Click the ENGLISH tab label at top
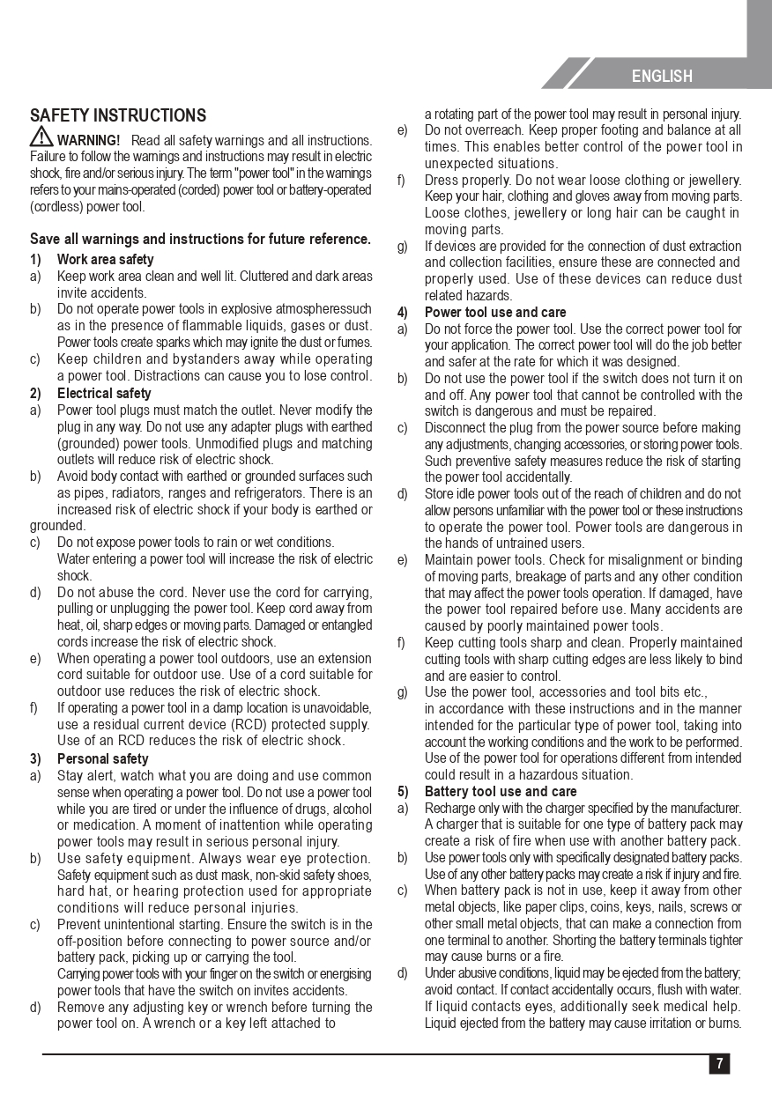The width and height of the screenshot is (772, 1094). pos(662,77)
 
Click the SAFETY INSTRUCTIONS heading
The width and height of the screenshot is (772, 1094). pos(118,115)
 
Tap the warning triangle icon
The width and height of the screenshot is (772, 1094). pos(41,137)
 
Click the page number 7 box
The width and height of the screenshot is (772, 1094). pos(719,1063)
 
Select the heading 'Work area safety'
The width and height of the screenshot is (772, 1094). pos(105,260)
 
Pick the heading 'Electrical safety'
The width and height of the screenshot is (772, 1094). pos(104,394)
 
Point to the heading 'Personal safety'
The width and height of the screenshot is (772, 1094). pos(102,759)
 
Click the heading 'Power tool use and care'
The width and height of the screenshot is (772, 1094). pos(495,313)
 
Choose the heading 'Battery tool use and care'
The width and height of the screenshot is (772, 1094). pos(501,792)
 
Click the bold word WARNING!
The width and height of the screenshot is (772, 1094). pos(89,141)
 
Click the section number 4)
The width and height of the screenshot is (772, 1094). pos(402,313)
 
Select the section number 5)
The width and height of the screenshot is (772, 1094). pos(402,792)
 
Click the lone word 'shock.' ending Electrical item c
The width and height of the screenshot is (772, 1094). pos(75,576)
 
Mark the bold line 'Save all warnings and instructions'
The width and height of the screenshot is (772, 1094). pos(200,240)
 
